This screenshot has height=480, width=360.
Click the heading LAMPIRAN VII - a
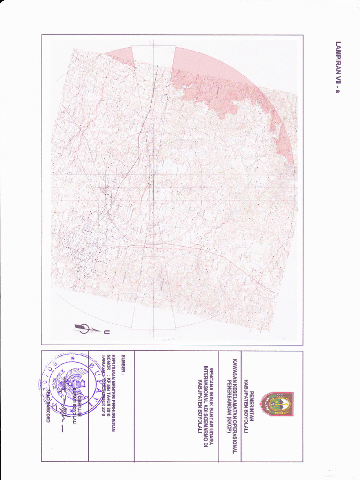point(337,68)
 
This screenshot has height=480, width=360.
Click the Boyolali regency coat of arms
point(277,404)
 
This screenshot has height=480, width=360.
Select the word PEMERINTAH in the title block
point(252,404)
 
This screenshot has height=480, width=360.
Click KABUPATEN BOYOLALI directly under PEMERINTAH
point(246,404)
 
